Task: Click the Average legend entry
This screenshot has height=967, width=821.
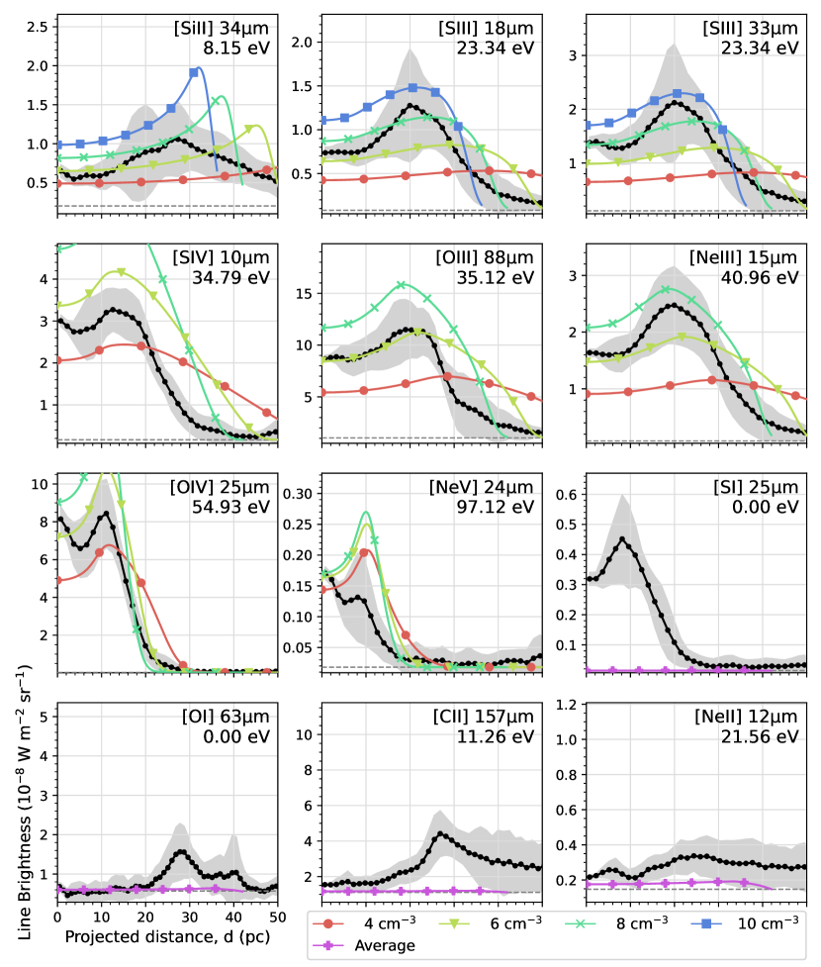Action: pos(380,945)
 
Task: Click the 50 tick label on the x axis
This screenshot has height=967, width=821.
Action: pos(278,917)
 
